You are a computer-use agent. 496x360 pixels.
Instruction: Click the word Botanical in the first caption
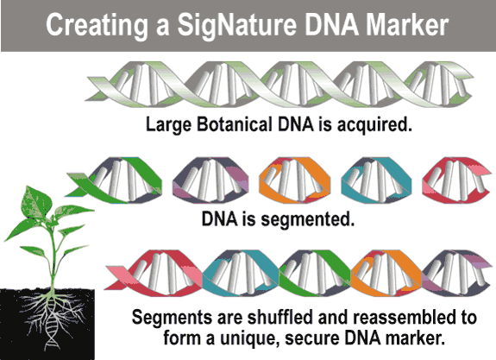[x=235, y=124]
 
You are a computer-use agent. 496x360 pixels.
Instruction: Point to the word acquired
[x=374, y=125]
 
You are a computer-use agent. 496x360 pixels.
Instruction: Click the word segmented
[x=307, y=219]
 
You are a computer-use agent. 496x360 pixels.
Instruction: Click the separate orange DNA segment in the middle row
[x=295, y=180]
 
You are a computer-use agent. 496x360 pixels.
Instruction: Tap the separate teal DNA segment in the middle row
[x=376, y=180]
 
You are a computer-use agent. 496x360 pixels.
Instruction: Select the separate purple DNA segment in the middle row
[x=210, y=180]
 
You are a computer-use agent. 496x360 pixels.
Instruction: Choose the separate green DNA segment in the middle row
[x=114, y=180]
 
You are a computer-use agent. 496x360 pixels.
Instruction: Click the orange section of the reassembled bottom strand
[x=386, y=273]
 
